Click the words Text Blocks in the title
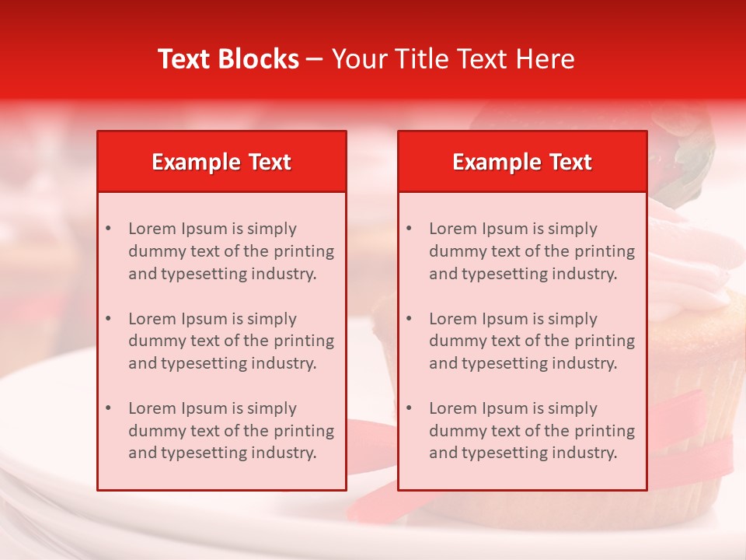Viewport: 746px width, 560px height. click(x=228, y=59)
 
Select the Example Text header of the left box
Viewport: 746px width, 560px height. click(x=221, y=162)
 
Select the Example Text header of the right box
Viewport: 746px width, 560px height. click(x=522, y=162)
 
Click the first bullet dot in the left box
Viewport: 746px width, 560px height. click(x=108, y=229)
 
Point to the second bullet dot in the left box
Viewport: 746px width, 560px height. click(x=108, y=319)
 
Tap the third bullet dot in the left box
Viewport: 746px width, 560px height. click(x=108, y=408)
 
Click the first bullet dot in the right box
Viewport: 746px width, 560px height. click(x=409, y=229)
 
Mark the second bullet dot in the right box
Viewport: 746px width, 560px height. click(x=409, y=319)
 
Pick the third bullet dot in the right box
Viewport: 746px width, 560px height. click(x=409, y=408)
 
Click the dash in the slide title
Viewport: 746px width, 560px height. click(x=315, y=59)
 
